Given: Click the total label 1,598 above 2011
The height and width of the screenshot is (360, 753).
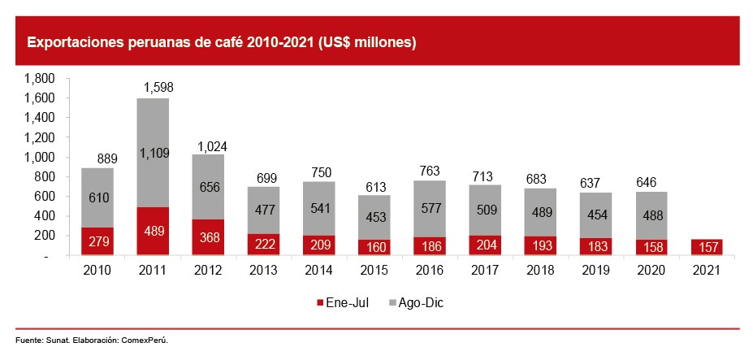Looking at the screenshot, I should pyautogui.click(x=158, y=87).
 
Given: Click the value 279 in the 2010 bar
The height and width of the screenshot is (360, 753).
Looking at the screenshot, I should pyautogui.click(x=97, y=241).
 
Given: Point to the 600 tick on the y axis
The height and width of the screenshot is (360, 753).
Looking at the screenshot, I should pyautogui.click(x=44, y=197).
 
